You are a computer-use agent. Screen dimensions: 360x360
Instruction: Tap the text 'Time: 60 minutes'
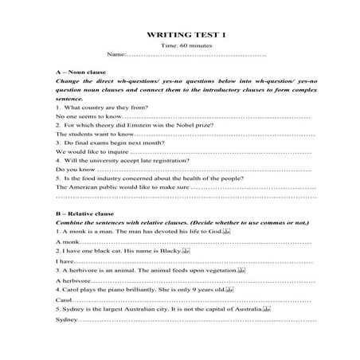point(181,46)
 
